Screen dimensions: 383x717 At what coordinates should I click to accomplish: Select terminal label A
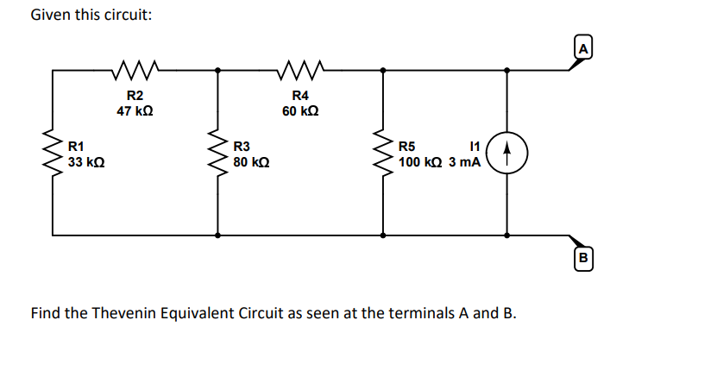tap(582, 49)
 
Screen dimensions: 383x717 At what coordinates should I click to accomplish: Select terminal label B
tap(582, 257)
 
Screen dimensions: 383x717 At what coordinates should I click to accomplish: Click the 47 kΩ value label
tap(135, 110)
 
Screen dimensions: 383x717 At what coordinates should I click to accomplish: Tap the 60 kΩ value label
tap(300, 110)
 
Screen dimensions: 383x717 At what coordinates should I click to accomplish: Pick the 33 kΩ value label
tap(87, 161)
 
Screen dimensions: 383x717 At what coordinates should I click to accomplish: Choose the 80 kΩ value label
tap(252, 161)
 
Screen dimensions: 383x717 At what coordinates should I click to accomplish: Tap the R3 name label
tap(242, 146)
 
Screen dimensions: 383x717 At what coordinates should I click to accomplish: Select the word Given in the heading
tap(49, 16)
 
